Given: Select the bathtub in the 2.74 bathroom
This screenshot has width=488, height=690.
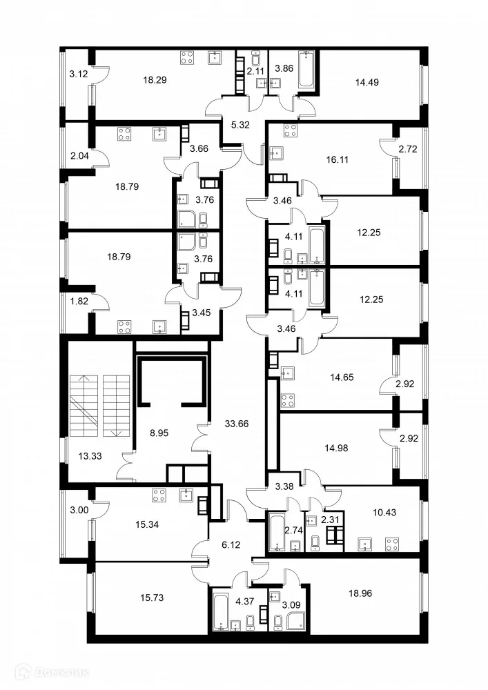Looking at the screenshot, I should pos(277,533).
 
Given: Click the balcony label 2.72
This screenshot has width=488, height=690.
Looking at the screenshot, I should pos(407,148).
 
